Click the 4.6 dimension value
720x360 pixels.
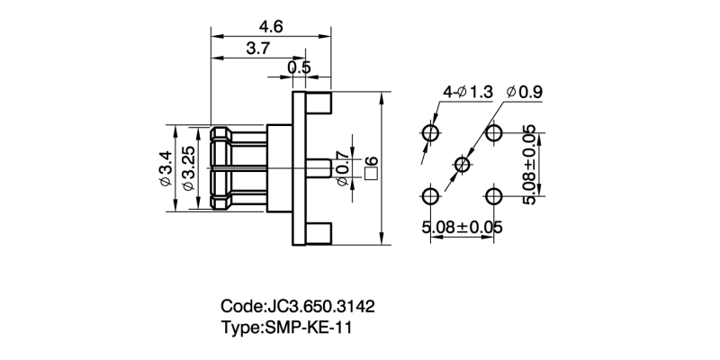point(271,27)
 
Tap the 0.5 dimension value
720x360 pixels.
point(300,68)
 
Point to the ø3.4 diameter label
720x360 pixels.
point(165,169)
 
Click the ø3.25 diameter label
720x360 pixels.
point(188,169)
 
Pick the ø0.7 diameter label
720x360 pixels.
point(342,168)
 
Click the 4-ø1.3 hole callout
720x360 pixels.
point(468,92)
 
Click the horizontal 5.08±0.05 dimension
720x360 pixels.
point(462,227)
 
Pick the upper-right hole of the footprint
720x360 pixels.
point(493,133)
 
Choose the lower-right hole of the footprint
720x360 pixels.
point(493,195)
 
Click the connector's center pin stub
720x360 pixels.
point(319,168)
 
